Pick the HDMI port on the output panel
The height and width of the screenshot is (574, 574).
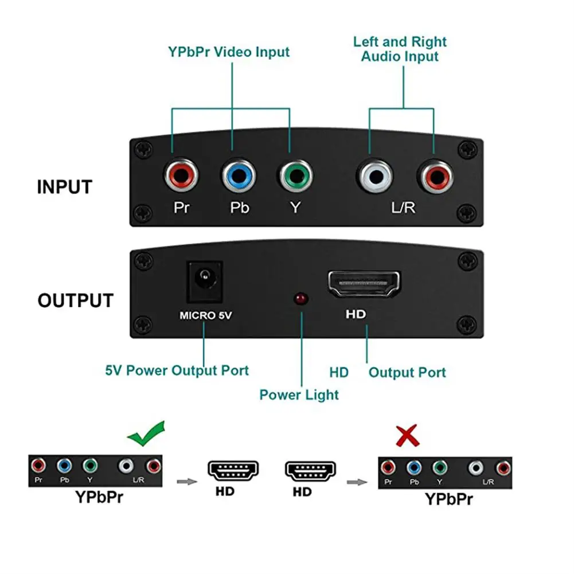pyautogui.click(x=364, y=284)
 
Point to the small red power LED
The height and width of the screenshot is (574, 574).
pyautogui.click(x=299, y=299)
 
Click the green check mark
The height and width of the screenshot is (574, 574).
pyautogui.click(x=146, y=434)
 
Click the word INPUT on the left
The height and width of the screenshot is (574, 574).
pyautogui.click(x=64, y=188)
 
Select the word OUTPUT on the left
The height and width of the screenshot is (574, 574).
pyautogui.click(x=76, y=301)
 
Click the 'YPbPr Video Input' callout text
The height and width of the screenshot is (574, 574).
pyautogui.click(x=229, y=52)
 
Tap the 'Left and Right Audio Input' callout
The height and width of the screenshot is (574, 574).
pyautogui.click(x=400, y=49)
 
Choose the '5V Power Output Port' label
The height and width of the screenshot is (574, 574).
pyautogui.click(x=177, y=370)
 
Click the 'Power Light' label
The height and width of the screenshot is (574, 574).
pyautogui.click(x=299, y=395)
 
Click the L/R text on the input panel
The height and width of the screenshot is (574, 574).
pyautogui.click(x=403, y=207)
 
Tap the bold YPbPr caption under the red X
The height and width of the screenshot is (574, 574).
pyautogui.click(x=449, y=499)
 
